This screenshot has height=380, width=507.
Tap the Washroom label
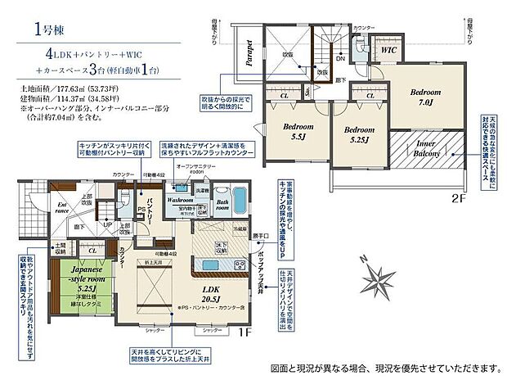pyautogui.click(x=180, y=199)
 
